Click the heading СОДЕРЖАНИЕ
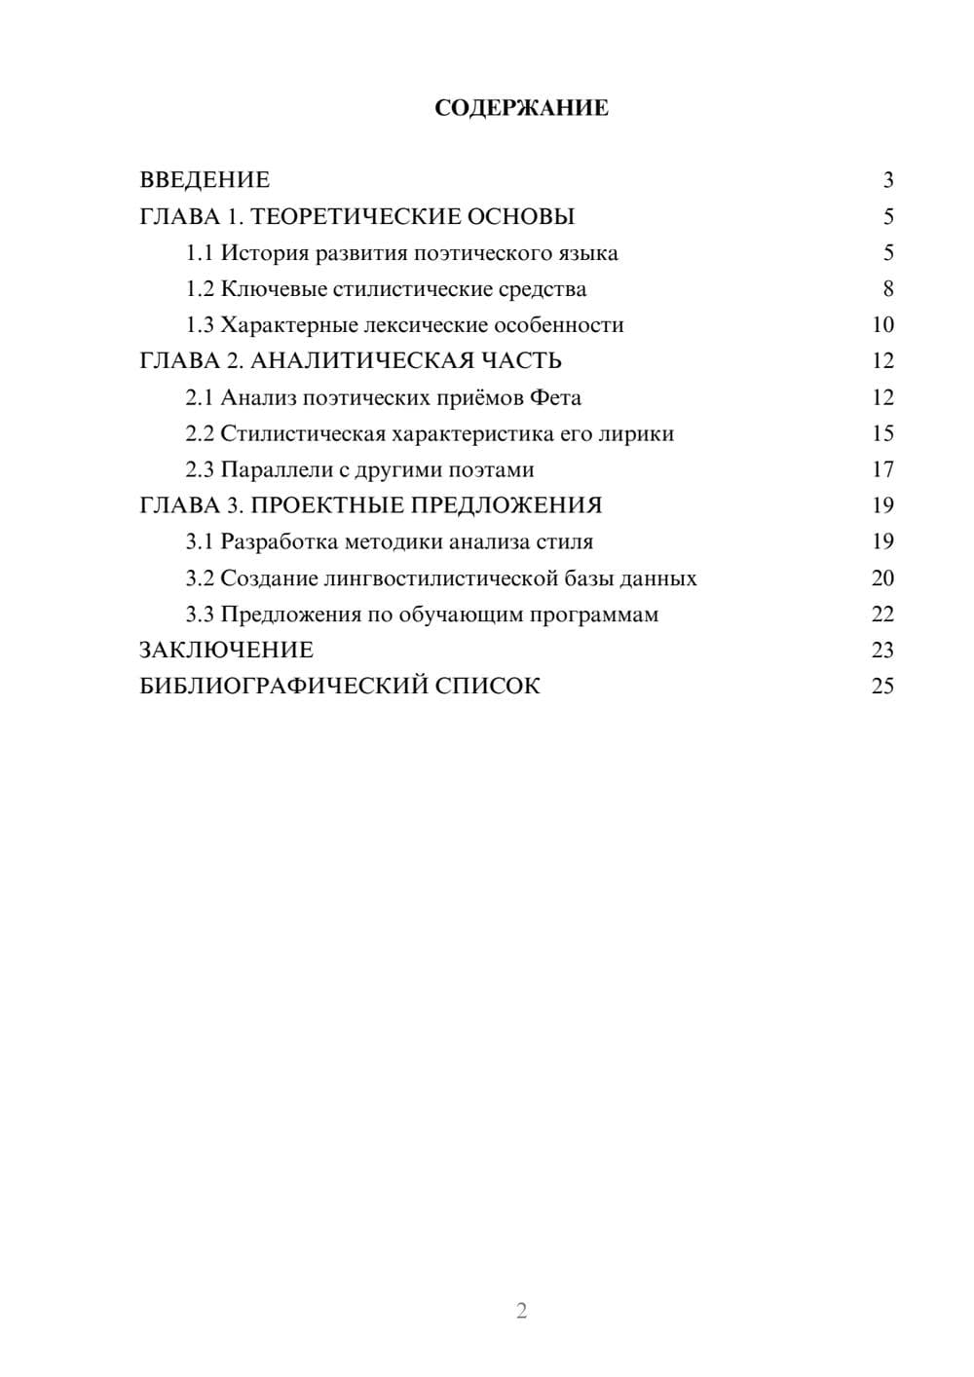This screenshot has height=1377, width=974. (521, 108)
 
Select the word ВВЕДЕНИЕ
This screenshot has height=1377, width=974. (205, 180)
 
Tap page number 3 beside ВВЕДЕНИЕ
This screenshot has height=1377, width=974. (887, 180)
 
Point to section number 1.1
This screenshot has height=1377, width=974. (199, 253)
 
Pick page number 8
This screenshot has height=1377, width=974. (887, 289)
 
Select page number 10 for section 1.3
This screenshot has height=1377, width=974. (882, 325)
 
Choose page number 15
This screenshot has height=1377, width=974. (882, 433)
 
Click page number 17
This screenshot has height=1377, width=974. (882, 469)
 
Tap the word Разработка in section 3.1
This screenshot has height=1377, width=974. (280, 541)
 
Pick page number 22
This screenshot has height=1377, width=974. (882, 614)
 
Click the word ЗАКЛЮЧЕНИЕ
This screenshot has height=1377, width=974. (226, 651)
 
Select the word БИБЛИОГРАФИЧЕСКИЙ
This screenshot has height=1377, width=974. (282, 687)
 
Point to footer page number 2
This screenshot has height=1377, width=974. (521, 1311)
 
